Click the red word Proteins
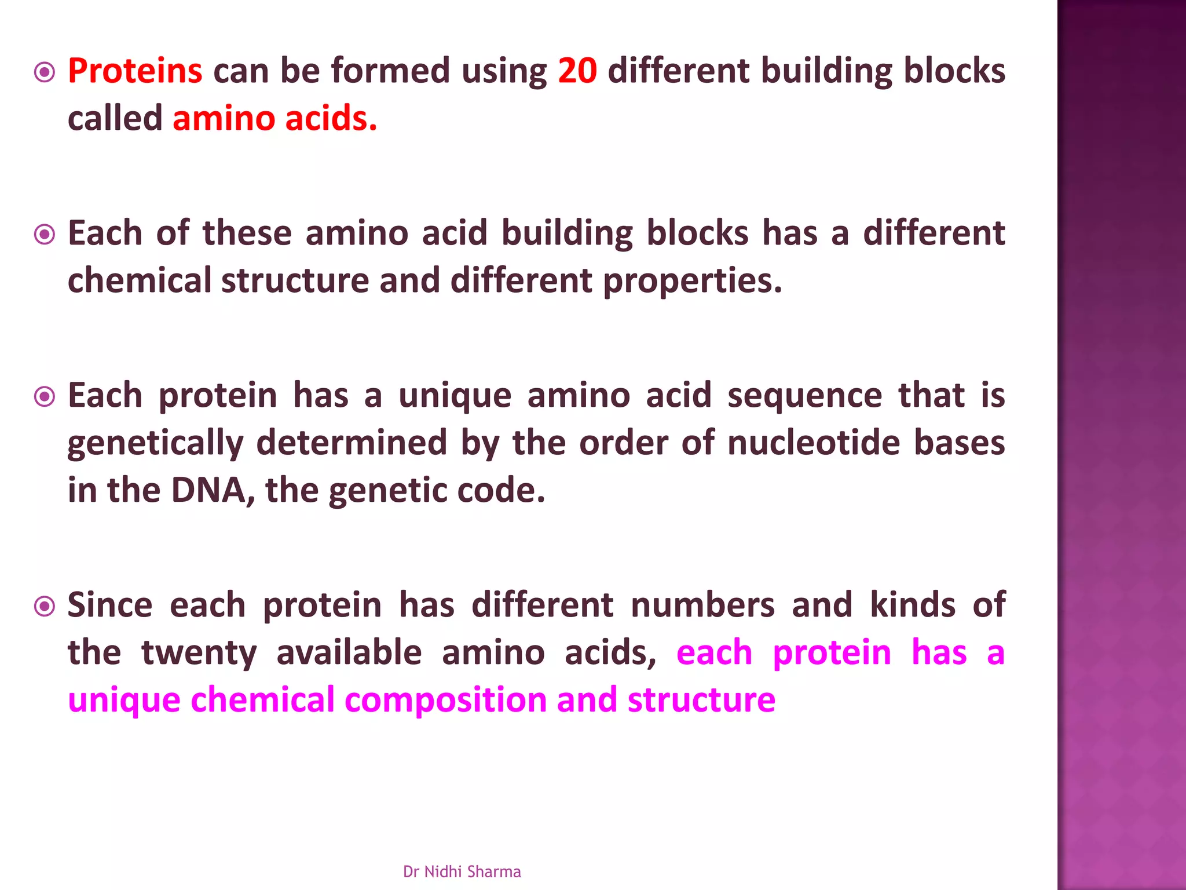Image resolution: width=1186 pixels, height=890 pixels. [135, 71]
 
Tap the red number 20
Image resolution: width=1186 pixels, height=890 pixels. [577, 71]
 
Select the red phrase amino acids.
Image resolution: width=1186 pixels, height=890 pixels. [274, 119]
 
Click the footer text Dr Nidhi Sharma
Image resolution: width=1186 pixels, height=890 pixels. [462, 871]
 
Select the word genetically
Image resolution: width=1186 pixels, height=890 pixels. [155, 444]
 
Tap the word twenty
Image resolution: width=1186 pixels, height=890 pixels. [199, 653]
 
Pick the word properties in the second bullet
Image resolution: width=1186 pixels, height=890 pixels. [692, 282]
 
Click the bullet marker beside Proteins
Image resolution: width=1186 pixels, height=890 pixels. [45, 73]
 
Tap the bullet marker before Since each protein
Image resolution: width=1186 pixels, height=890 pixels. [45, 607]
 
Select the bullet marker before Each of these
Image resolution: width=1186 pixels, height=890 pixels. [45, 235]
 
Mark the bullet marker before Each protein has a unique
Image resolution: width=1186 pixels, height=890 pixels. [45, 397]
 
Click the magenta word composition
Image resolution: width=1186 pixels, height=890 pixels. [445, 701]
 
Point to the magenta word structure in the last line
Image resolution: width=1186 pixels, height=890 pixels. [701, 699]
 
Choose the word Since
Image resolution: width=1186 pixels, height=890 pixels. [110, 606]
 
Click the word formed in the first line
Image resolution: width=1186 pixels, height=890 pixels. [390, 71]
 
